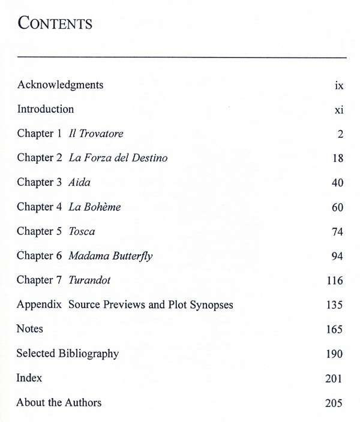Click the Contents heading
55,23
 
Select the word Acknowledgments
60,85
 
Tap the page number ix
339,86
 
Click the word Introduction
46,109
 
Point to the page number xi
339,110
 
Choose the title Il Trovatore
96,134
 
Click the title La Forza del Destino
118,158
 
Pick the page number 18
337,159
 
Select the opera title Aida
80,182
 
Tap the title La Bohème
95,207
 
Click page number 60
337,207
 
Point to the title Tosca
82,231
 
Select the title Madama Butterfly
110,256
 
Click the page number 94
337,257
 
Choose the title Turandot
89,280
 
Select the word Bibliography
89,354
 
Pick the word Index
29,378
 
